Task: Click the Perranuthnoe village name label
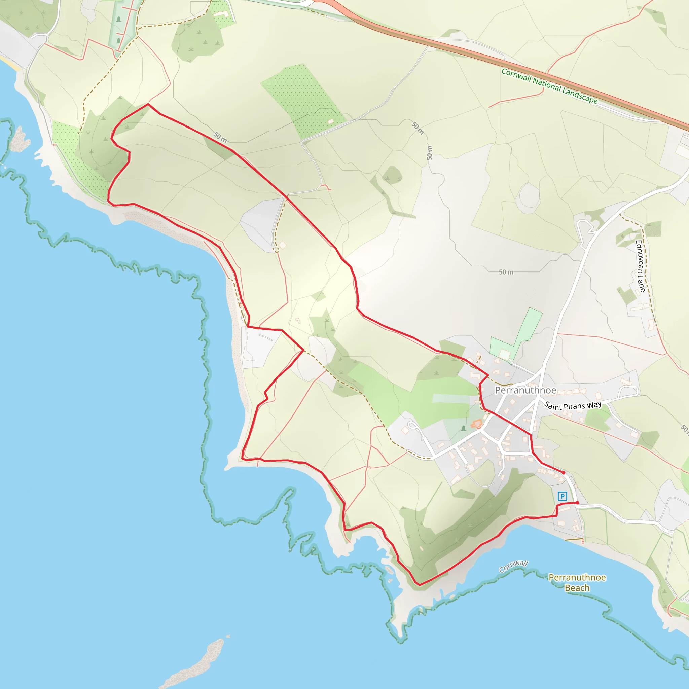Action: pyautogui.click(x=525, y=390)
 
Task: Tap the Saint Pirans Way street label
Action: pyautogui.click(x=573, y=405)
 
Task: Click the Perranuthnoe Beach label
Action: pyautogui.click(x=577, y=582)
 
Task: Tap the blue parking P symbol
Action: pyautogui.click(x=563, y=496)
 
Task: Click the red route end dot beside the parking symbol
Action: pyautogui.click(x=577, y=503)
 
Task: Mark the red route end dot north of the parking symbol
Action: pyautogui.click(x=564, y=473)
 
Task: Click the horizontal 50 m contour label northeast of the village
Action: pyautogui.click(x=506, y=272)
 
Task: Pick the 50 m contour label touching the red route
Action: pyautogui.click(x=220, y=137)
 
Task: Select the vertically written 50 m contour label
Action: pyautogui.click(x=429, y=153)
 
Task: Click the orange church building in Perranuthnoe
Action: pyautogui.click(x=477, y=424)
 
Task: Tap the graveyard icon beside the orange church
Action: pyautogui.click(x=464, y=428)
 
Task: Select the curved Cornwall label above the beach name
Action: pyautogui.click(x=513, y=566)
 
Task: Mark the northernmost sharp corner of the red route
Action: pyautogui.click(x=148, y=104)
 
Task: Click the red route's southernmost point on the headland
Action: pyautogui.click(x=420, y=585)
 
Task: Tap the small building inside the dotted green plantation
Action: pyautogui.click(x=331, y=121)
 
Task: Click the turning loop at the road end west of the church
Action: pyautogui.click(x=412, y=425)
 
